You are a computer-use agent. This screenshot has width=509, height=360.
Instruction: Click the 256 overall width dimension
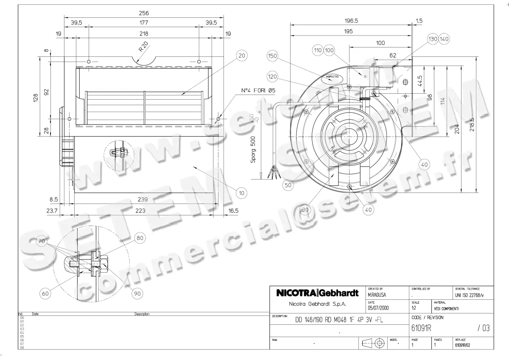pos(144,14)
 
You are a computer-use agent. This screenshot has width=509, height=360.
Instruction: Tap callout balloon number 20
pos(241,56)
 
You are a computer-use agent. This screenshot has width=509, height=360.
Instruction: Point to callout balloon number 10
pos(241,193)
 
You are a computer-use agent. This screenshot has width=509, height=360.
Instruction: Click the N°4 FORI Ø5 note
pos(258,90)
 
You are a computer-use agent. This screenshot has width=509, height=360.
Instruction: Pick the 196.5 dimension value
pos(351,20)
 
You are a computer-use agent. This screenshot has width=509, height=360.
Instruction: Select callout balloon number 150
pos(272,56)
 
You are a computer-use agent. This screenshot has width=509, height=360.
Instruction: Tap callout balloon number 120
pos(272,77)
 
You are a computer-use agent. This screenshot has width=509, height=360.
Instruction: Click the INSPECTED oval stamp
pos(332,77)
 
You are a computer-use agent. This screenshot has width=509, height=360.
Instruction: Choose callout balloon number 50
pos(288,185)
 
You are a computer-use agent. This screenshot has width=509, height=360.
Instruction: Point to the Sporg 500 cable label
pos(253,150)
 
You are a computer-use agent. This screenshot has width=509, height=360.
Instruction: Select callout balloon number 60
pos(45,293)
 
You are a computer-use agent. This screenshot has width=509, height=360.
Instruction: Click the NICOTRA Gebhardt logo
pos(317,293)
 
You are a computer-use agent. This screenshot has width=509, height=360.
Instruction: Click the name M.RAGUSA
pos(377,294)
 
